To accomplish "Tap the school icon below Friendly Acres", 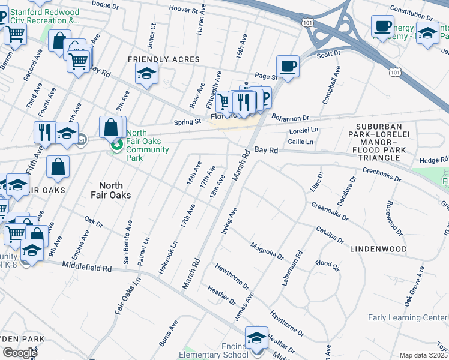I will click(x=146, y=74).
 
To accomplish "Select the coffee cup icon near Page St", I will click(x=288, y=66).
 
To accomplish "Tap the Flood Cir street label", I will click(x=327, y=263).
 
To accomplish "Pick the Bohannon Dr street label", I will click(x=289, y=118).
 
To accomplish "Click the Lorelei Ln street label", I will click(x=303, y=130).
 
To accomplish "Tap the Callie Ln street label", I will click(x=301, y=142).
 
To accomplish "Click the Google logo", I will click(x=19, y=353).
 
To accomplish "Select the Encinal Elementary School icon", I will click(x=256, y=338).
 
